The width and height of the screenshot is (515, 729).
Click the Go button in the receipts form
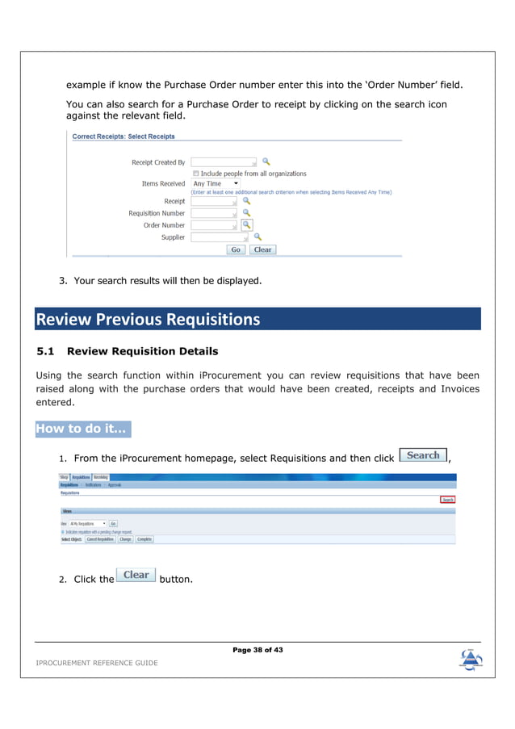click(236, 249)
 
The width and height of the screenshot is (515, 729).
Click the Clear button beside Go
click(262, 249)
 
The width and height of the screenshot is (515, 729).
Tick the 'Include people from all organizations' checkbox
click(196, 174)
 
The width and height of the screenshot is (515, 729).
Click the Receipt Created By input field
click(224, 162)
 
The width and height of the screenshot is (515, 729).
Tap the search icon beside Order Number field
click(247, 225)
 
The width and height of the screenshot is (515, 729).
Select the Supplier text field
click(220, 237)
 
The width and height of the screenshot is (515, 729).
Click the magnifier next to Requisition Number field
click(247, 213)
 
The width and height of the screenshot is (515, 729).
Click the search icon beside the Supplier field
click(257, 237)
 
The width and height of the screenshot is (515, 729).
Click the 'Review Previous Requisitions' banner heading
click(148, 320)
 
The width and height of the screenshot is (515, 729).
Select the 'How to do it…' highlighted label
click(82, 429)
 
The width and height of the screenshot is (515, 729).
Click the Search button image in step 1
click(423, 455)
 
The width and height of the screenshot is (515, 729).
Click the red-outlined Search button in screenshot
click(447, 500)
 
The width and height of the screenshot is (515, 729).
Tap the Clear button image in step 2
click(136, 575)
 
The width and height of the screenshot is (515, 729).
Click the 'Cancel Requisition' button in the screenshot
click(100, 539)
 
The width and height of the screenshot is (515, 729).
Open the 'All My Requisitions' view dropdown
click(87, 523)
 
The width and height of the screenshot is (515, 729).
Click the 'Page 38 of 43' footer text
click(257, 650)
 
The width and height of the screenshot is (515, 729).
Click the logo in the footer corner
click(471, 660)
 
